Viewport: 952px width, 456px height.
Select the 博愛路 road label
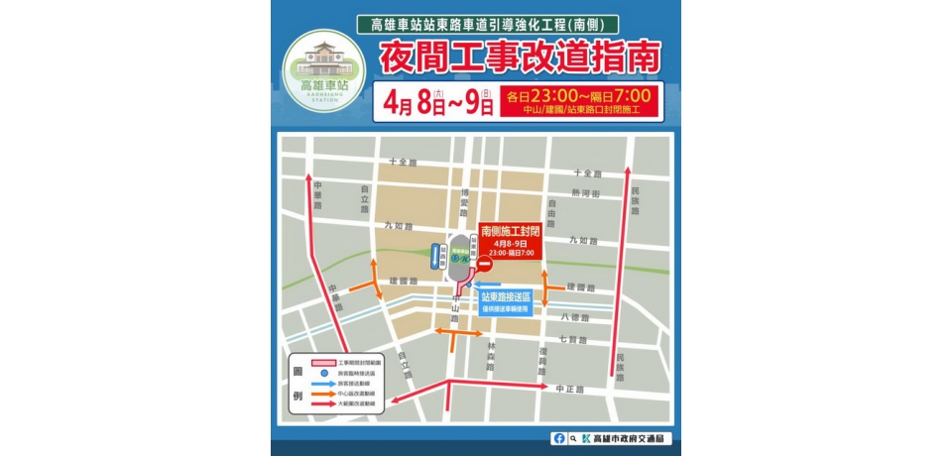[x=463, y=208]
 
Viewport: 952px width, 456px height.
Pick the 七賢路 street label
[x=574, y=339]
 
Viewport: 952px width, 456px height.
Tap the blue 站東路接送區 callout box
[x=506, y=300]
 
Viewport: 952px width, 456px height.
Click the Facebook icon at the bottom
[x=561, y=438]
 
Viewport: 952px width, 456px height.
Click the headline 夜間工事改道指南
[x=519, y=57]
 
